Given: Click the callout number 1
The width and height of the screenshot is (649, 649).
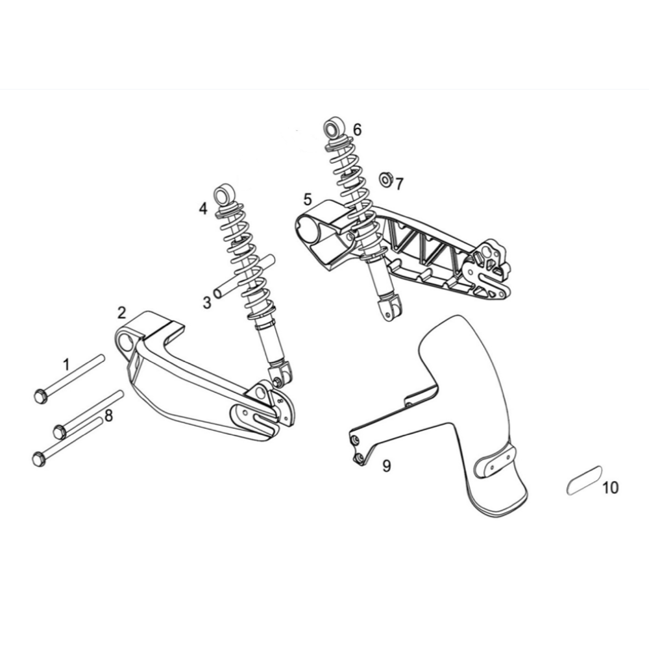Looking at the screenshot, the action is click(x=66, y=365).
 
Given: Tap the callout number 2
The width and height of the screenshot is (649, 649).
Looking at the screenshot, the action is click(x=121, y=313).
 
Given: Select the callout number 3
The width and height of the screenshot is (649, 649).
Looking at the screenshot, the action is click(x=207, y=302).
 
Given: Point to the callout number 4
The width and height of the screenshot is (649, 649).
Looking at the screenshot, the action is click(x=202, y=208).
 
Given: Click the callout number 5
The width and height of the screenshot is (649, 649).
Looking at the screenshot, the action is click(x=307, y=199).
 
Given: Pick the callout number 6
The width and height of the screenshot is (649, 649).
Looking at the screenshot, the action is click(x=357, y=130).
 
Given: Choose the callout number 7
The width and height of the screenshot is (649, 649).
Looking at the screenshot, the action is click(x=399, y=184).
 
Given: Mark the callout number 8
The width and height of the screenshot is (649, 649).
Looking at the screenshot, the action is click(x=108, y=415).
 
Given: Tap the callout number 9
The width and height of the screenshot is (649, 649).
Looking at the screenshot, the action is click(x=386, y=466).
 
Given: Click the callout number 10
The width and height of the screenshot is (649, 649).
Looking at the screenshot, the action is click(x=610, y=487).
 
